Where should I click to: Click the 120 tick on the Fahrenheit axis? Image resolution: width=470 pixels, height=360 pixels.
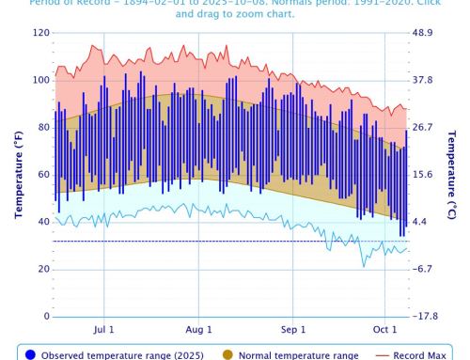tap(39, 33)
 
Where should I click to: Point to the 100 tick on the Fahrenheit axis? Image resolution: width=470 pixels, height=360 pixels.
tap(39, 80)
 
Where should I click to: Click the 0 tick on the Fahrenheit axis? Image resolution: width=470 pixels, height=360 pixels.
tap(45, 316)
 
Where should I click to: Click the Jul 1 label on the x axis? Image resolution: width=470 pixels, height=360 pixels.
tap(104, 330)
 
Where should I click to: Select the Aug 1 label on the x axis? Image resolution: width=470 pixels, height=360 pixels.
tap(198, 330)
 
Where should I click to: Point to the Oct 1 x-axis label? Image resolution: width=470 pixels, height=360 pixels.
tap(385, 330)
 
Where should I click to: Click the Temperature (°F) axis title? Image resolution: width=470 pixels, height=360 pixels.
tap(17, 175)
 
